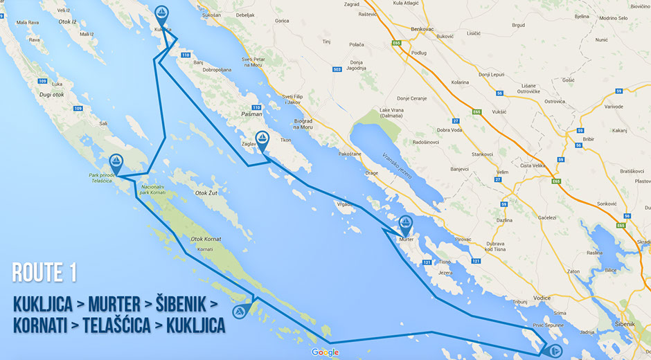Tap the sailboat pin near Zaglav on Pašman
(x=262, y=140)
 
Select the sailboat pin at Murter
(x=405, y=224)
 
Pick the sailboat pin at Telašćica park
(x=116, y=163)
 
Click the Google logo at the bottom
(x=325, y=352)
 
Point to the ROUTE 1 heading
(x=44, y=272)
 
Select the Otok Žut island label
(x=208, y=192)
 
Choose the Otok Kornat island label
(x=206, y=239)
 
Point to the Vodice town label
(x=542, y=298)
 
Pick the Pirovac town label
(x=462, y=239)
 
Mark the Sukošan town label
(x=211, y=14)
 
